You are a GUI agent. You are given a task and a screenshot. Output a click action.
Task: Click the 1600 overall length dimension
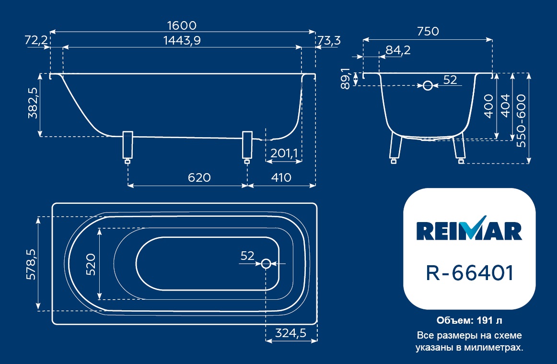(x=182, y=25)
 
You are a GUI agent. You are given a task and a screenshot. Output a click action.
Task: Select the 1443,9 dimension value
(x=182, y=40)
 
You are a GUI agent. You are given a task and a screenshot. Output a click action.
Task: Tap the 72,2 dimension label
(x=36, y=40)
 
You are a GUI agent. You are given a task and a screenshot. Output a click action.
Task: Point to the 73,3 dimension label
(x=329, y=40)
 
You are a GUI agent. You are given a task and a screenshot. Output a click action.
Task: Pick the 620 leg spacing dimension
(x=199, y=177)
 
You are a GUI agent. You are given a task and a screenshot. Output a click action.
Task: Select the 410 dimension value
(x=281, y=177)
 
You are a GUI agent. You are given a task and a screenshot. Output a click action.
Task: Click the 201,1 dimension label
(x=284, y=153)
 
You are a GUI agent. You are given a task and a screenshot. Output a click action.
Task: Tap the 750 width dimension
(x=428, y=31)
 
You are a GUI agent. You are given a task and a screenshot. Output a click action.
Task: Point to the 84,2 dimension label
(x=398, y=50)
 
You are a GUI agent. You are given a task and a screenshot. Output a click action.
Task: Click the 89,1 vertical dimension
(x=346, y=79)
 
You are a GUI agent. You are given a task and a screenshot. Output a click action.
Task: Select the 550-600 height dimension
(x=521, y=120)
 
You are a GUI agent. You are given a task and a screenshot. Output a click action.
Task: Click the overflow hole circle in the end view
(x=428, y=86)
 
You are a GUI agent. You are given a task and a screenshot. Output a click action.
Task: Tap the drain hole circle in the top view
(x=266, y=264)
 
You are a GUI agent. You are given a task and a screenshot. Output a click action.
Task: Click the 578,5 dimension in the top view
(x=31, y=264)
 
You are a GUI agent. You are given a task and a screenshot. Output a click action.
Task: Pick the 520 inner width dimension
(x=91, y=264)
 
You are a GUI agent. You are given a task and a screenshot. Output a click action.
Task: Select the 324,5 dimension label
(x=290, y=333)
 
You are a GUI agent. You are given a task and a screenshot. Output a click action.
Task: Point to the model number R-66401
(x=470, y=273)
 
